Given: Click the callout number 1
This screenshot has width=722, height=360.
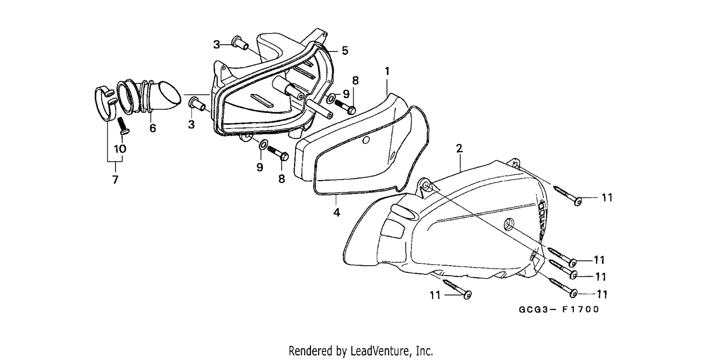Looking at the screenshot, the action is pos(387,71).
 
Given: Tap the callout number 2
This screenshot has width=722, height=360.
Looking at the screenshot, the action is pos(459,149).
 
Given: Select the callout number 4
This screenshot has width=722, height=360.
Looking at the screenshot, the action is pos(336,213).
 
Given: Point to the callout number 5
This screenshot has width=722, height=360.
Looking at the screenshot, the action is pos(345,51).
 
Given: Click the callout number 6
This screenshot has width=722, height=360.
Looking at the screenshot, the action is pos(153,129).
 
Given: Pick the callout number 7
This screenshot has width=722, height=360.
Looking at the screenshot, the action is pos(115,180).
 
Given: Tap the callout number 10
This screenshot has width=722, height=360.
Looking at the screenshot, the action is pos(120,149).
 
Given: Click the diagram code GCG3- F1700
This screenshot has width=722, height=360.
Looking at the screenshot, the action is pos(559,309).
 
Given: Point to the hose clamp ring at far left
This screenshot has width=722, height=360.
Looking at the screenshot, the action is pos(105,104).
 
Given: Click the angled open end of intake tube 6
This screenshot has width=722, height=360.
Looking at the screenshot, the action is pos(171,95).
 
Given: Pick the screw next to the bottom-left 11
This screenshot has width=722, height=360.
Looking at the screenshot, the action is pos(457,289).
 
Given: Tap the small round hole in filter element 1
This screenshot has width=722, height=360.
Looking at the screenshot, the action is pos(365,140).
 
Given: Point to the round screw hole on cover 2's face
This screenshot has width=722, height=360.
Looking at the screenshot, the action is pos(509,224).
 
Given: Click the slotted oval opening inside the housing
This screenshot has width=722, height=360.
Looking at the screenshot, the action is pos(261,101).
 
